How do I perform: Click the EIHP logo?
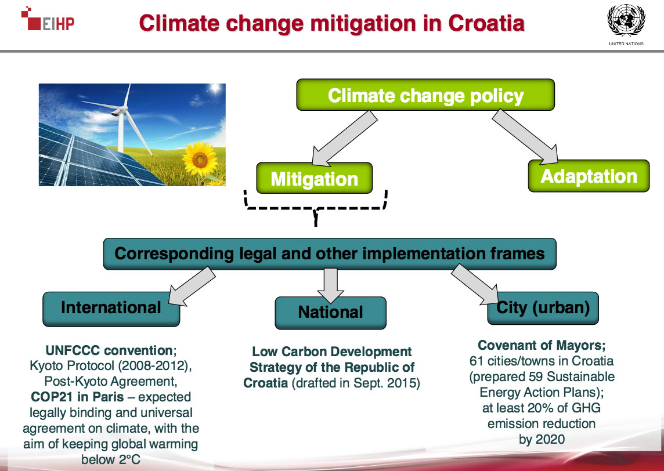pos(48,19)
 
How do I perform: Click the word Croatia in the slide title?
pos(486,23)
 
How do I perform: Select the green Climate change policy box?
pos(425,95)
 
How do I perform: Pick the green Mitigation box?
pos(314,178)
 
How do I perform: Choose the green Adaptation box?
pos(589,176)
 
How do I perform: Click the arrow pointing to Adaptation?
pos(526,136)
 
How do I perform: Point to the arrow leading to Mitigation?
pos(343,139)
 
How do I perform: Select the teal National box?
pos(330,313)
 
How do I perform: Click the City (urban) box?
pos(543,308)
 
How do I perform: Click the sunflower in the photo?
pos(200,159)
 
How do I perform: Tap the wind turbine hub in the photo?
pos(121,110)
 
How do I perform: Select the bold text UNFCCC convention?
pos(109,350)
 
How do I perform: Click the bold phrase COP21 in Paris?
pos(78,397)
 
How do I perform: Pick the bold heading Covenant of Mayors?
pos(542,345)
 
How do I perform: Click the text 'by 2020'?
pos(542,439)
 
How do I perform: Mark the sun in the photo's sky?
pos(215,88)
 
